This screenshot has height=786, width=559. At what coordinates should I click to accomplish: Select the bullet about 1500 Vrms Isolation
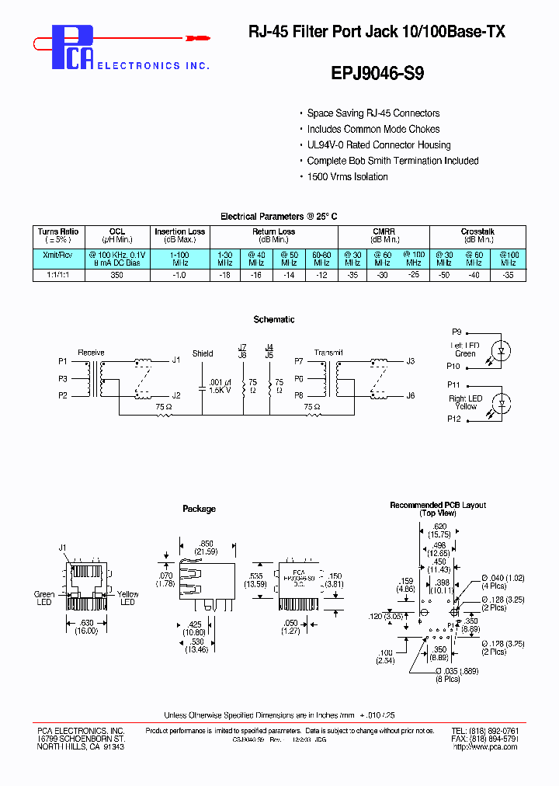(x=347, y=177)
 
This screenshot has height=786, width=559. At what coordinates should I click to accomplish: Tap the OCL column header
(x=117, y=231)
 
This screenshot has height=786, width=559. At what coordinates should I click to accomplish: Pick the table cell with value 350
(x=117, y=275)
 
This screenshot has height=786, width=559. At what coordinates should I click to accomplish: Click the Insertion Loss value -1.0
(x=180, y=275)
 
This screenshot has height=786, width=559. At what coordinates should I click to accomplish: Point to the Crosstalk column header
(x=477, y=231)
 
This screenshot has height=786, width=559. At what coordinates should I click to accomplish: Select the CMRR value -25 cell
(x=413, y=275)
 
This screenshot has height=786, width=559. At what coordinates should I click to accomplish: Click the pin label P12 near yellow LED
(x=453, y=419)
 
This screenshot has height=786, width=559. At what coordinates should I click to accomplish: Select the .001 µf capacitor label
(x=220, y=382)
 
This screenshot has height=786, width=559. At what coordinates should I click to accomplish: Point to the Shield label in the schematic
(x=203, y=353)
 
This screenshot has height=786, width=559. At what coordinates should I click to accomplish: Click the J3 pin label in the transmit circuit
(x=411, y=361)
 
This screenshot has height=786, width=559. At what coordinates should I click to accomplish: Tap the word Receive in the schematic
(x=91, y=353)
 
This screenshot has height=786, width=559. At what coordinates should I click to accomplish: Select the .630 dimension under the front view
(x=86, y=622)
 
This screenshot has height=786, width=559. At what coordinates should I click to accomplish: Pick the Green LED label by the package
(x=45, y=599)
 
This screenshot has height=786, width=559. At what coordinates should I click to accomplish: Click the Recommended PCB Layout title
(x=438, y=505)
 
